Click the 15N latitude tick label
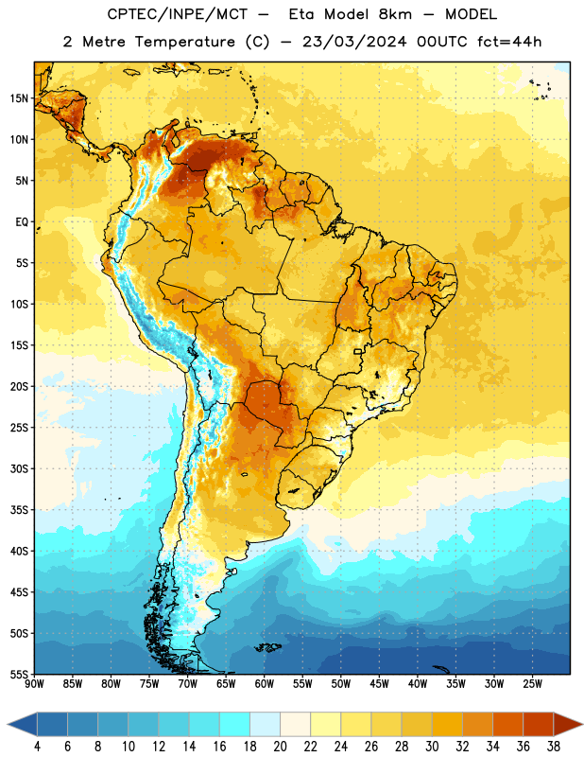pos(19,98)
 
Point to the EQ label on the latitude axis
pos(22,222)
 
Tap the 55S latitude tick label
pos(19,675)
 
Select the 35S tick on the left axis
pos(19,510)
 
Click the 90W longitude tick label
pos(34,684)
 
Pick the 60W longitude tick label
pos(265,684)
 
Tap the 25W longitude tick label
pos(532,684)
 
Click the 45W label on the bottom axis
pos(380,684)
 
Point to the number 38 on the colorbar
pos(554,747)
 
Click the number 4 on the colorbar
pos(37,747)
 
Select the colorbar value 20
pos(280,747)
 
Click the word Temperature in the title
pos(185,42)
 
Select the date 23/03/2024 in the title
pos(354,42)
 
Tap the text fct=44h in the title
pos(509,42)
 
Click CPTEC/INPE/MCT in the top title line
pos(177,14)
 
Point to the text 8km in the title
pos(395,14)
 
